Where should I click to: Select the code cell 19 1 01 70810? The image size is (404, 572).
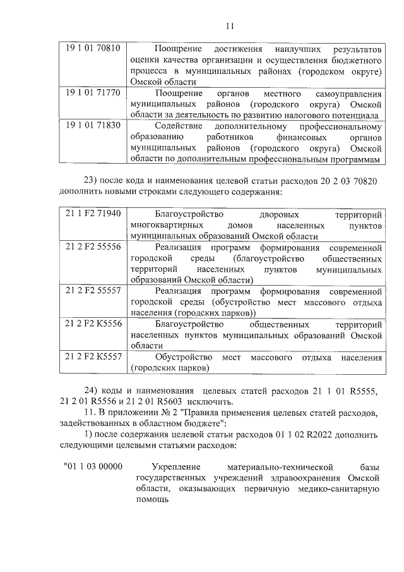93,49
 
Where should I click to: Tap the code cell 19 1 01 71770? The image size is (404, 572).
93,93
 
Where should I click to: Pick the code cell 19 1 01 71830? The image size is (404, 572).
93,126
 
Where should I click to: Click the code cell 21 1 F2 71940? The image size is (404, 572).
93,214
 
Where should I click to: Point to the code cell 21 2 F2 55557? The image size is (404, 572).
93,291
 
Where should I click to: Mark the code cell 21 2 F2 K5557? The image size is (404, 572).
93,357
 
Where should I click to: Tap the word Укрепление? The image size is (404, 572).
162,466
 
